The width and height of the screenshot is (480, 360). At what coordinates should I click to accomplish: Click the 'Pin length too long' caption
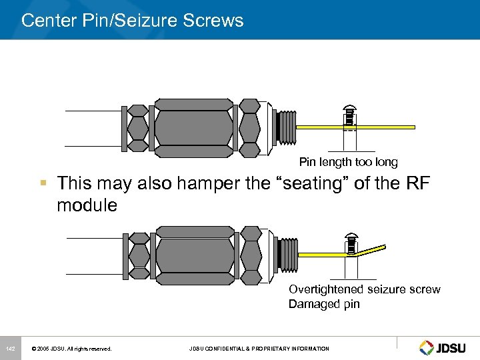[348, 162]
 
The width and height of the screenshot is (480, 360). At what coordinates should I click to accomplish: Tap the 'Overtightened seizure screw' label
[364, 289]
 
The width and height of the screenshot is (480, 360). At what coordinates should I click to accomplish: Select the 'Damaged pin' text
[324, 304]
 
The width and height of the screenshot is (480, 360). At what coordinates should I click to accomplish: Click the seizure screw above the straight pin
[348, 116]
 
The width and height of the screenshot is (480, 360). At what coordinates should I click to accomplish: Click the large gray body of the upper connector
[194, 127]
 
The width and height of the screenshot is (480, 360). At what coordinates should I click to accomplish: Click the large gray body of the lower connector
[194, 254]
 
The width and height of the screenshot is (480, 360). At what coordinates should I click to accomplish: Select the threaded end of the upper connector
[285, 127]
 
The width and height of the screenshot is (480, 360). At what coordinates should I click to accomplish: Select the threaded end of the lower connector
[285, 254]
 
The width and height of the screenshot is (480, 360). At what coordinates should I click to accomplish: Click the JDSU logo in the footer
[443, 347]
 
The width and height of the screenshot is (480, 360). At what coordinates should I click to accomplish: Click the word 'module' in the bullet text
[87, 205]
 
